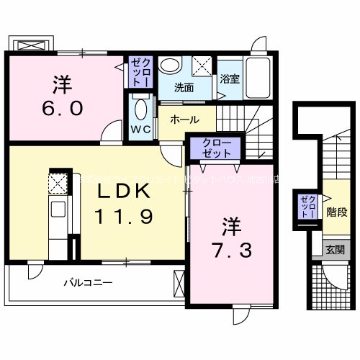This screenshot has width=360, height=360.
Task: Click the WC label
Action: (140, 130)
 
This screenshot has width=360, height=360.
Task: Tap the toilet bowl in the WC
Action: (140, 111)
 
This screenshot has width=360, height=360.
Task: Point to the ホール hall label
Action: (185, 120)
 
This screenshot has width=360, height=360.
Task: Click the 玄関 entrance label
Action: (334, 249)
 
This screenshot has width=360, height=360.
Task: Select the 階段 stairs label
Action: (336, 212)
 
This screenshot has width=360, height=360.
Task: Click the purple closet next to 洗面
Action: (139, 73)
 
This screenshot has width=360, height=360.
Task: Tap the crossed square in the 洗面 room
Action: (203, 67)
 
